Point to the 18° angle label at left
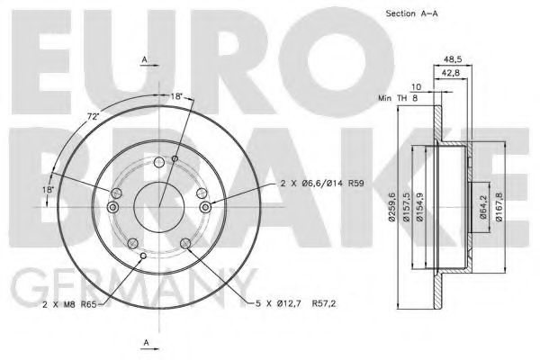pos(47,190)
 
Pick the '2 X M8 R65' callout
pos(70,306)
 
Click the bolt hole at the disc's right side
pos(206,208)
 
